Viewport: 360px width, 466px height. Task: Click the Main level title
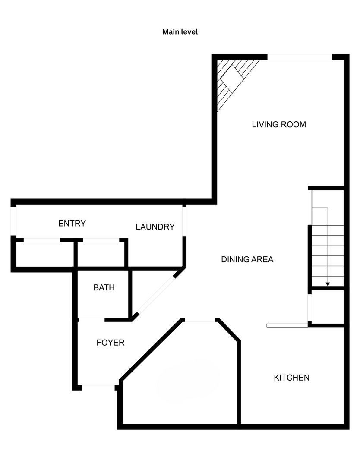(180, 32)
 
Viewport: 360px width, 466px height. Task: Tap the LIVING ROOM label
(279, 124)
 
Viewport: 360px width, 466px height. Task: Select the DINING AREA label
(247, 259)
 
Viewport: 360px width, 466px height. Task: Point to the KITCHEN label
(292, 378)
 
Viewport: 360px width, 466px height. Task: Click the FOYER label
(111, 343)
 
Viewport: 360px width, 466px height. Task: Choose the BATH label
(104, 287)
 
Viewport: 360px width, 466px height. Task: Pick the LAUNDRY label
(155, 227)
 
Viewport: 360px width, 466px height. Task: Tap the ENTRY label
(72, 223)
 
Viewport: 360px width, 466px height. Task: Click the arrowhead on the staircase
(328, 284)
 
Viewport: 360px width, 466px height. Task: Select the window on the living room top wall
(300, 57)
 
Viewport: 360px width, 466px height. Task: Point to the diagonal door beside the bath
(157, 295)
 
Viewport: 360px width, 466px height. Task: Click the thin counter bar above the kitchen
(287, 325)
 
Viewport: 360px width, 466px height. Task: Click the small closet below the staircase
(327, 307)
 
